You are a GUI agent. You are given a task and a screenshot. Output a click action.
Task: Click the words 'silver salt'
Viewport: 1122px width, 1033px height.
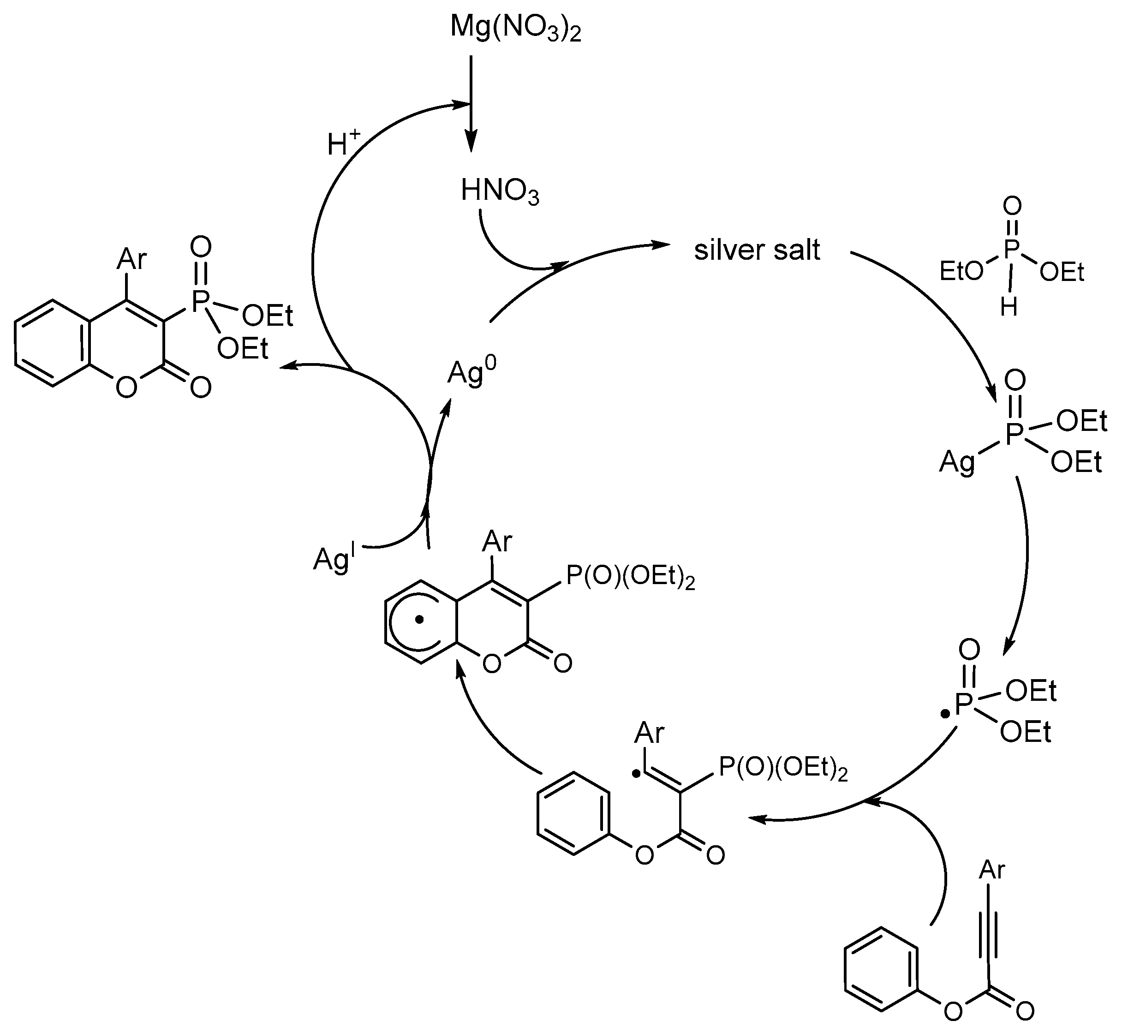click(757, 250)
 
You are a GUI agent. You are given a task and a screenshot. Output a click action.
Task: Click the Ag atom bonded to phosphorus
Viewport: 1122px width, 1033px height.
click(956, 462)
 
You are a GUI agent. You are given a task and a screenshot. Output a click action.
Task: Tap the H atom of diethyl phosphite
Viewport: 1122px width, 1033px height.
click(1009, 307)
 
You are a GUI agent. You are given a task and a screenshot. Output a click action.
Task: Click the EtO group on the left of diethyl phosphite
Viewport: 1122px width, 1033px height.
click(961, 272)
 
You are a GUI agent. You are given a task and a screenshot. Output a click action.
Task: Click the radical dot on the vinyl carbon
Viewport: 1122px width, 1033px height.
click(636, 774)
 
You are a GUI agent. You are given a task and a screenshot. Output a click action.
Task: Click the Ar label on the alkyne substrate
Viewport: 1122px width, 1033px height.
click(992, 870)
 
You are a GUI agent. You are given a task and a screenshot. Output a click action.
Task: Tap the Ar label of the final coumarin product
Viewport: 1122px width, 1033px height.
click(132, 259)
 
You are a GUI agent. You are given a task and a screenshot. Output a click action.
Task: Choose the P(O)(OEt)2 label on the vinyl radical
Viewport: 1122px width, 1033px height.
click(782, 768)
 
